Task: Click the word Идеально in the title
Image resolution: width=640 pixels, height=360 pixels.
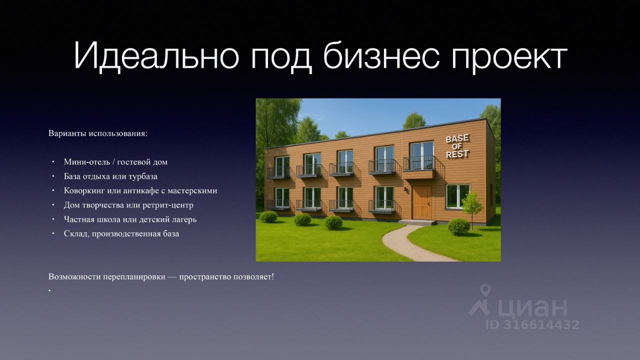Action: click(x=156, y=55)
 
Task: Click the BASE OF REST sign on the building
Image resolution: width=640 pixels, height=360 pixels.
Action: click(x=457, y=146)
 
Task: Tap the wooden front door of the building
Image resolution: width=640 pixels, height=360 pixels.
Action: click(x=421, y=202)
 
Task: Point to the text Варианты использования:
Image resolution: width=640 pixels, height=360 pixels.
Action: click(x=98, y=133)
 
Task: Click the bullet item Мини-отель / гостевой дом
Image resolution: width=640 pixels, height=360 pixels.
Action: click(x=115, y=162)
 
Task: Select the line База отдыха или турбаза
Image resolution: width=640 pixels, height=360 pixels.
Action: click(x=110, y=176)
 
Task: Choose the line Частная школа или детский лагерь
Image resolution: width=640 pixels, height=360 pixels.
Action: click(x=130, y=219)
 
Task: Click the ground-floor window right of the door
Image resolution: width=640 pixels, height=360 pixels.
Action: click(x=457, y=196)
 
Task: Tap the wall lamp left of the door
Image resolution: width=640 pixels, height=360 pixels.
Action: click(x=405, y=189)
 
